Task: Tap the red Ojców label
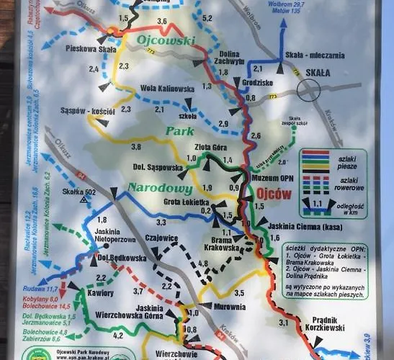(x=273, y=194)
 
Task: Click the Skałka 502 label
(x=79, y=192)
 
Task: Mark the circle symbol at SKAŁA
(x=310, y=89)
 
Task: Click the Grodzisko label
(x=257, y=82)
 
